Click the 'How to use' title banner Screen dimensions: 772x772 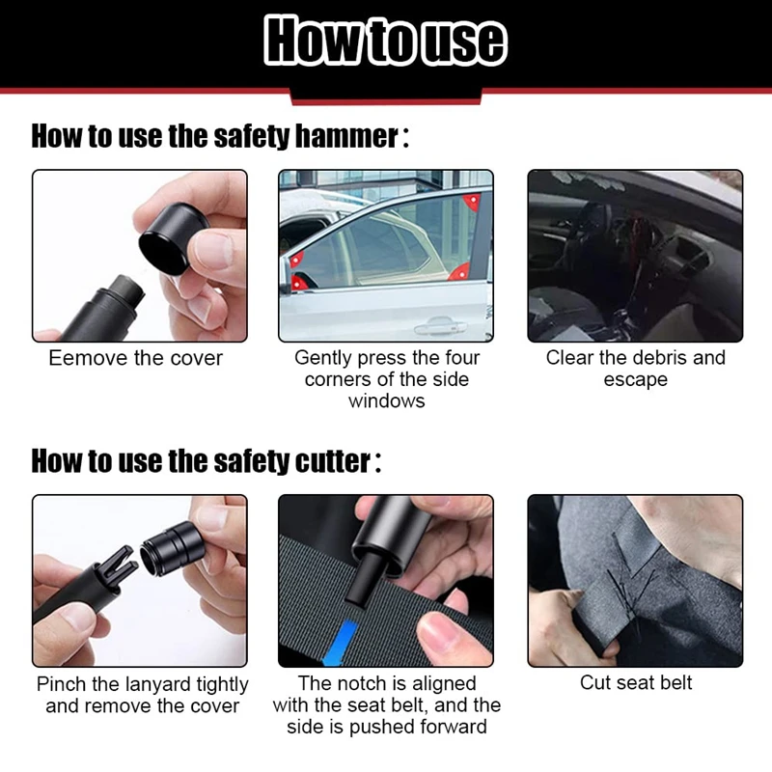click(385, 41)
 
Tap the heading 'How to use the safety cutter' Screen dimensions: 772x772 click(206, 461)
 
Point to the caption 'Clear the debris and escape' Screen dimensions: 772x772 click(635, 369)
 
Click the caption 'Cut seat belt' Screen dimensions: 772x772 click(636, 683)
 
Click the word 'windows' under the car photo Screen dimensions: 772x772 click(386, 400)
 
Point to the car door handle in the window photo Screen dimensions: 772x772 click(440, 326)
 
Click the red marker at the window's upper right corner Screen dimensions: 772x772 click(472, 201)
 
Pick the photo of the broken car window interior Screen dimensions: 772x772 click(635, 256)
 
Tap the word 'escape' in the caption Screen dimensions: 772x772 click(635, 380)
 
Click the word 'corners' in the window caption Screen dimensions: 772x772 click(341, 379)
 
